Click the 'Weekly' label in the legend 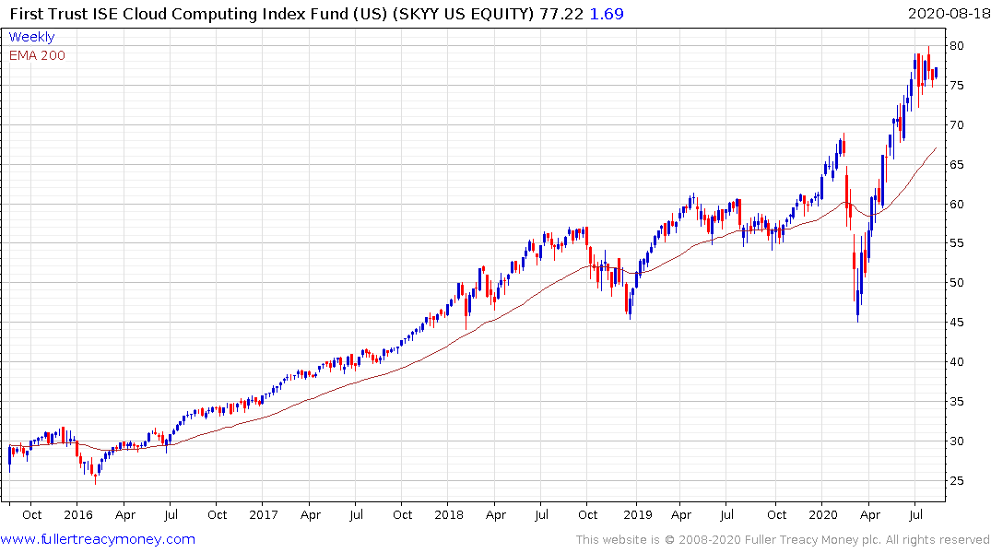point(31,37)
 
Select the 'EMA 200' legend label point(37,55)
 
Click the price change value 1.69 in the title point(603,14)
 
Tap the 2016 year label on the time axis point(78,514)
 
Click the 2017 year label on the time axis point(264,514)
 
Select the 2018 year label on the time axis point(449,514)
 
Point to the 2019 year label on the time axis point(637,514)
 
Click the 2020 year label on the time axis point(823,514)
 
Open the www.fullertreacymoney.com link point(98,539)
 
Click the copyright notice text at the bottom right point(783,539)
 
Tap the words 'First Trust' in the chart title point(43,14)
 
